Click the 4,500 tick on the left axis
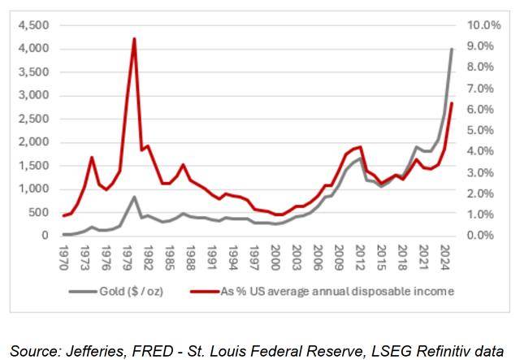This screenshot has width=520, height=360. point(34,25)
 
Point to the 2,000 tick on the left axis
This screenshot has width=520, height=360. point(34,142)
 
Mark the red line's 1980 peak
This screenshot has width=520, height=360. point(134,39)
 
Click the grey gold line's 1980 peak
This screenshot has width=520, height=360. point(134,197)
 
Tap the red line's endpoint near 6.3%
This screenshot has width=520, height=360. point(452,103)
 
